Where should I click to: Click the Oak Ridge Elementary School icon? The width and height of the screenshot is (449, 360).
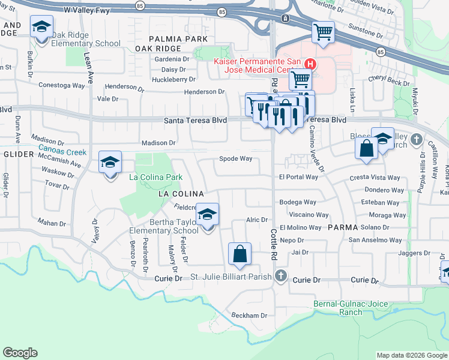(41, 28)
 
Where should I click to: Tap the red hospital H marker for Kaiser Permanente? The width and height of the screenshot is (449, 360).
(310, 64)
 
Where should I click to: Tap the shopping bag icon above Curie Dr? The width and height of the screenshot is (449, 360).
(240, 254)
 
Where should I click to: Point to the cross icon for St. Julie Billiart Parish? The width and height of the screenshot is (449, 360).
(280, 275)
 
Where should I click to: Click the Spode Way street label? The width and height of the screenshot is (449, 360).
(235, 159)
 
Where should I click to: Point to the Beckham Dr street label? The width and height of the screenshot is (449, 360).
(250, 315)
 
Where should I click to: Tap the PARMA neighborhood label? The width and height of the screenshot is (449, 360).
(343, 228)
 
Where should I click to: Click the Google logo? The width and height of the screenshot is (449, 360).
(20, 353)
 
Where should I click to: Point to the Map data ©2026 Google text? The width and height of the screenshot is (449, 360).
(411, 355)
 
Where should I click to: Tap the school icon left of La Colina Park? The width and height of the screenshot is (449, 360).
(110, 162)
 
